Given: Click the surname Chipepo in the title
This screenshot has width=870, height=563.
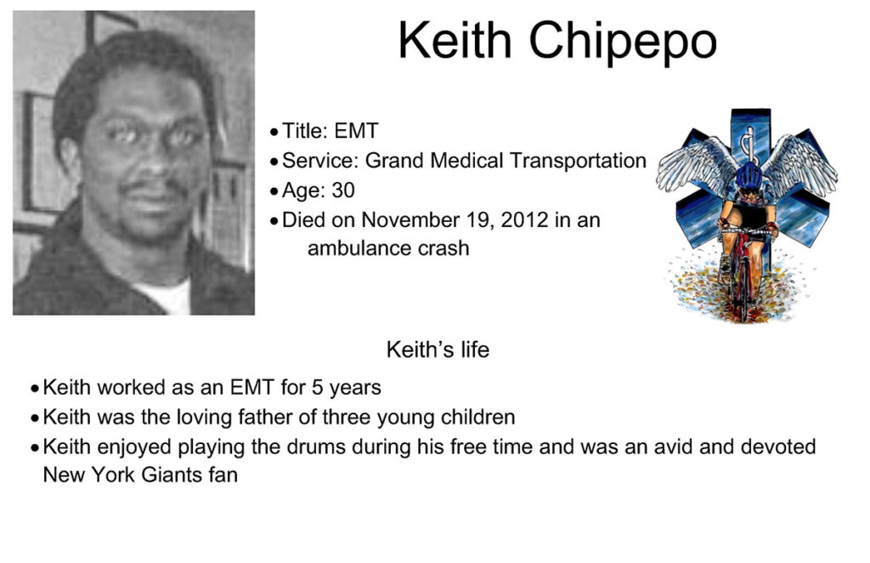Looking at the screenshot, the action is (623, 42).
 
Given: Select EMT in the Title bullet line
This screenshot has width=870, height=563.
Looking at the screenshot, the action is (357, 131).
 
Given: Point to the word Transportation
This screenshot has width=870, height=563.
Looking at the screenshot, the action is (578, 161).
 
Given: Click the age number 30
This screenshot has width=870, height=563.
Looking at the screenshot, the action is (343, 191).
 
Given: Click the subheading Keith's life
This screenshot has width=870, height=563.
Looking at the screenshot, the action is (438, 350).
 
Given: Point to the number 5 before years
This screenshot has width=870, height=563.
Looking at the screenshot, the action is (318, 388).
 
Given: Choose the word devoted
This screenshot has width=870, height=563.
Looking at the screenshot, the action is (778, 447).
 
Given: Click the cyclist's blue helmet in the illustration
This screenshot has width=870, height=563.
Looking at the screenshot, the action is (749, 176).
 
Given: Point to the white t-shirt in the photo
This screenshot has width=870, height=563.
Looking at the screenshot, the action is (167, 297).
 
